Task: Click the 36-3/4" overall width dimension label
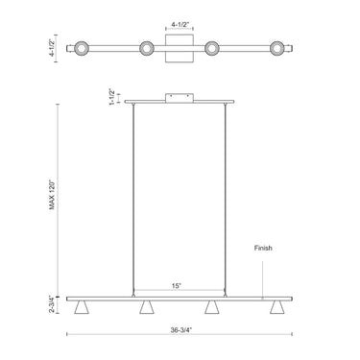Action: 179,330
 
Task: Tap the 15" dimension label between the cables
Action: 177,286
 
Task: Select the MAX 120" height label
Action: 52,195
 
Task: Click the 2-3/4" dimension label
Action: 52,306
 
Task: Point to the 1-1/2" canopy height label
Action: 112,97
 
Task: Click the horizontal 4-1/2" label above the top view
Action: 180,25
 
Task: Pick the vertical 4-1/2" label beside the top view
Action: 52,48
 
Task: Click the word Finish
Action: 263,248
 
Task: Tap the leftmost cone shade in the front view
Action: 82,307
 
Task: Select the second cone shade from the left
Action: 147,307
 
